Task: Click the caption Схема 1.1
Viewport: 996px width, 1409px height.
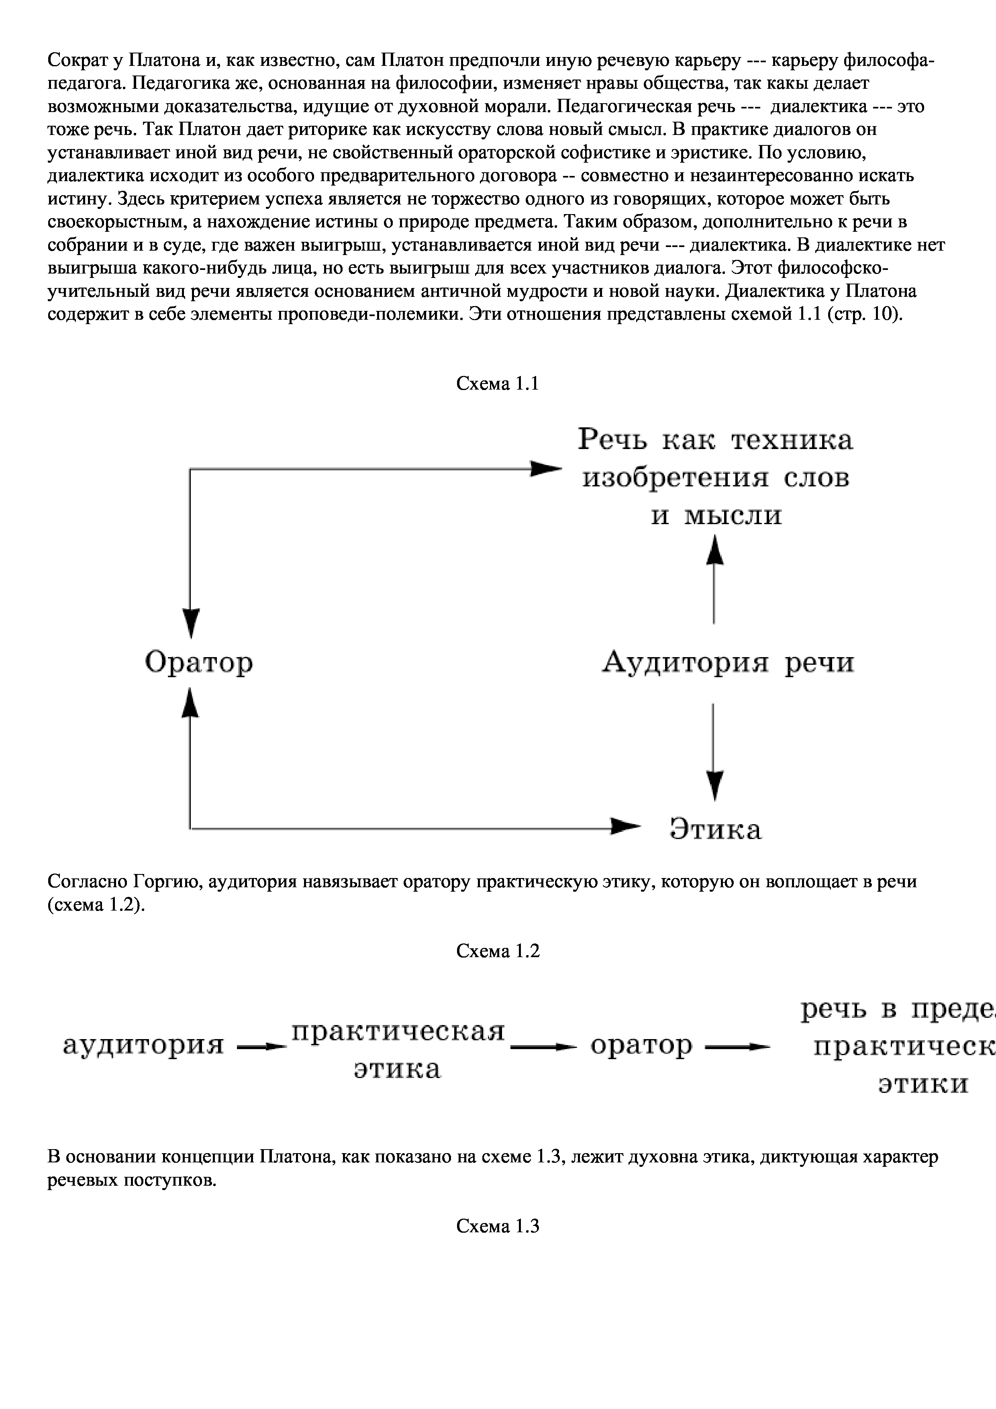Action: [497, 384]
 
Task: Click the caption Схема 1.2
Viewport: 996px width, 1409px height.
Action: [497, 951]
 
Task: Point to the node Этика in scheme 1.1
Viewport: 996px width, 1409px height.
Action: [716, 830]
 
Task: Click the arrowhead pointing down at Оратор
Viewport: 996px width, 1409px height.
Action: [192, 623]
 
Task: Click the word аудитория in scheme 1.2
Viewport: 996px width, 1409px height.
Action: [144, 1045]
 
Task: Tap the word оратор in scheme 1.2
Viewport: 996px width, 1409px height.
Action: [641, 1045]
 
